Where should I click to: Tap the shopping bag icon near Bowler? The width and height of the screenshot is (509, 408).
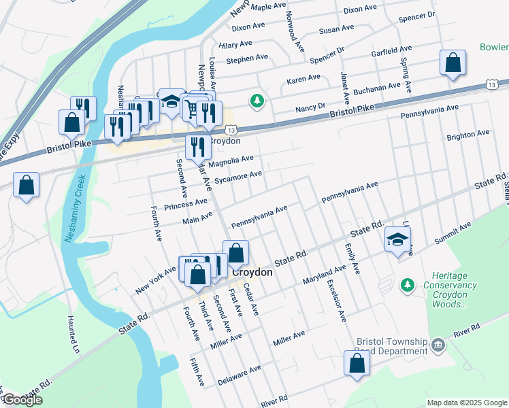[x=453, y=64]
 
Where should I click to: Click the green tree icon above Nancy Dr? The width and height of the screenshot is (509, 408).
[x=257, y=101]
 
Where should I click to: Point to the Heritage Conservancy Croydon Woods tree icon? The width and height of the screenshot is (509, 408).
[x=408, y=284]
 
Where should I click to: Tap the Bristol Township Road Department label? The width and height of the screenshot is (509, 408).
[x=391, y=346]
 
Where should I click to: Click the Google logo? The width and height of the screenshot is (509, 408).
[x=22, y=400]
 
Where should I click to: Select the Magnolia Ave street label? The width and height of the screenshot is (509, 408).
[x=231, y=160]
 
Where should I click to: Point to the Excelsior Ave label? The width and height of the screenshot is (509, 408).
[x=336, y=300]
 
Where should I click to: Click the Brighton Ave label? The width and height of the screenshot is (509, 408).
[x=467, y=135]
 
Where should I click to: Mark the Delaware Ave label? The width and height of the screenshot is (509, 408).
[x=239, y=376]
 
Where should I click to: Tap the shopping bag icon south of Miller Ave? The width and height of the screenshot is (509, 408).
[x=357, y=364]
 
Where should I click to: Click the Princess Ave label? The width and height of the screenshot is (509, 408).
[x=185, y=203]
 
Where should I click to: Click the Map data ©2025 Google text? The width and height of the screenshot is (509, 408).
[x=466, y=403]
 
